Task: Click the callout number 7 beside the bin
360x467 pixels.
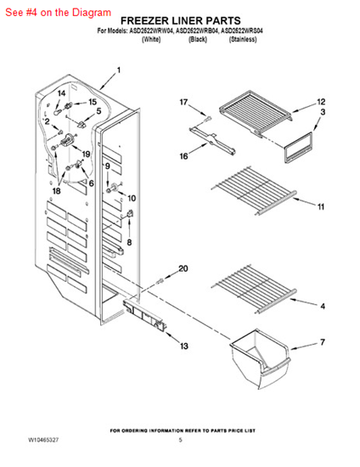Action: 323,342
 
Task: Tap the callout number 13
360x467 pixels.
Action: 184,346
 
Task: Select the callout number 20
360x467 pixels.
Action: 183,268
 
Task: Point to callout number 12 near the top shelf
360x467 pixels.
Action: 321,102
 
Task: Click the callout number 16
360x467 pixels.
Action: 183,155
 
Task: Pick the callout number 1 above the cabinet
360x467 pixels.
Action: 119,70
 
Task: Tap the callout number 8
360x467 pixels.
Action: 129,243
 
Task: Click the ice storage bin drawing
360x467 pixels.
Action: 261,358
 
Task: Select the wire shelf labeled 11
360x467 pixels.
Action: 255,190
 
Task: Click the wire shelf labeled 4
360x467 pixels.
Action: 255,289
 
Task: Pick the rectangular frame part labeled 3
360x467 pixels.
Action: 298,148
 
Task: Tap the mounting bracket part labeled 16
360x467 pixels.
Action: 212,140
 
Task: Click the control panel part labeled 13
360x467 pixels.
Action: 144,315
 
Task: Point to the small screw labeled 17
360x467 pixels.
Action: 208,120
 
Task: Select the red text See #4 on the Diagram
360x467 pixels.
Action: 59,12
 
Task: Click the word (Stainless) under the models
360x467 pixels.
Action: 243,39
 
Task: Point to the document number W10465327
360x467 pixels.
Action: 43,440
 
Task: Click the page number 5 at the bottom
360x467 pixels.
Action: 181,440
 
